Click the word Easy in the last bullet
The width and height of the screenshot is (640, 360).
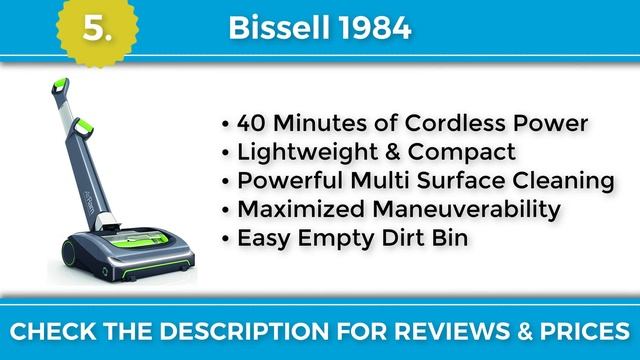point(260,240)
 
